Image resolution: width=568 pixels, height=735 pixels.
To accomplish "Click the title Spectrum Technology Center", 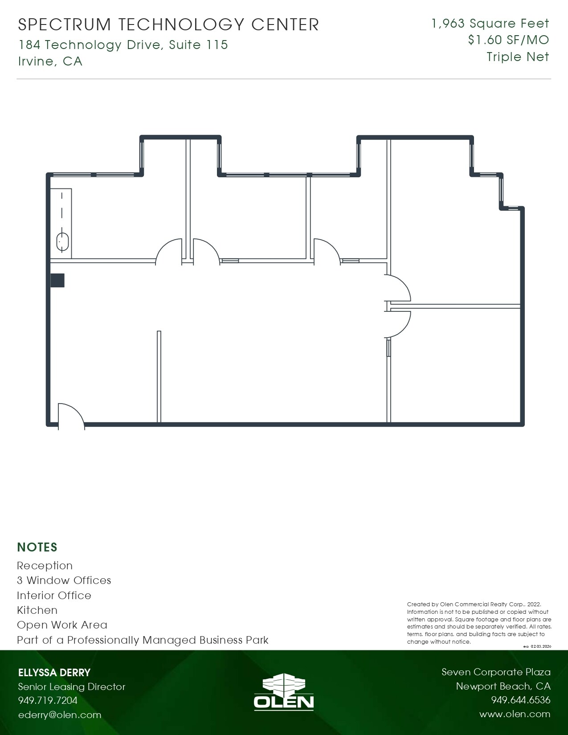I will pyautogui.click(x=168, y=25).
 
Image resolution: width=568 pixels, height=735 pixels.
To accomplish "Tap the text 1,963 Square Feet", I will pyautogui.click(x=490, y=24).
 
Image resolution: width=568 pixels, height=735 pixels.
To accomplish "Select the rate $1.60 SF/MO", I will pyautogui.click(x=508, y=40).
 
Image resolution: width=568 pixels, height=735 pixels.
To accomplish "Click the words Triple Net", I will pyautogui.click(x=518, y=57).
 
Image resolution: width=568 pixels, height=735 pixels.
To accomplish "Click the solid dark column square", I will pyautogui.click(x=57, y=280).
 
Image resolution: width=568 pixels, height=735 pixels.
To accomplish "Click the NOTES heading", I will pyautogui.click(x=37, y=547).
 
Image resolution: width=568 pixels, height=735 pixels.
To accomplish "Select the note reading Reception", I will pyautogui.click(x=45, y=566).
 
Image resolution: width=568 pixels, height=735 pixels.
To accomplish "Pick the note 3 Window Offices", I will pyautogui.click(x=64, y=580).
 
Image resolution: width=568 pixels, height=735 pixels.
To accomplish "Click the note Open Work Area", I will pyautogui.click(x=62, y=625).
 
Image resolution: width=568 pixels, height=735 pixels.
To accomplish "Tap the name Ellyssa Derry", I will pyautogui.click(x=54, y=673).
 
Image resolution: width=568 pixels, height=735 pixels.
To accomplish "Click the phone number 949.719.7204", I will pyautogui.click(x=48, y=700).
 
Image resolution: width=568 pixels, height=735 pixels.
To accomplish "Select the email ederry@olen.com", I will pyautogui.click(x=60, y=715).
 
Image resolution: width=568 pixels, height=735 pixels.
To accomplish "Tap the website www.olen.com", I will pyautogui.click(x=515, y=714).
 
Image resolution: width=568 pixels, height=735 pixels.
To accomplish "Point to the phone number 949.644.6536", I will pyautogui.click(x=520, y=700).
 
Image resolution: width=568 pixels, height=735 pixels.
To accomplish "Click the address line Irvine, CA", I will pyautogui.click(x=50, y=61).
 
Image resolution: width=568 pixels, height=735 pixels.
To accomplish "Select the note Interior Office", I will pyautogui.click(x=54, y=596).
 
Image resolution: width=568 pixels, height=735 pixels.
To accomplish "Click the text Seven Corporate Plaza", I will pyautogui.click(x=496, y=672).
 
